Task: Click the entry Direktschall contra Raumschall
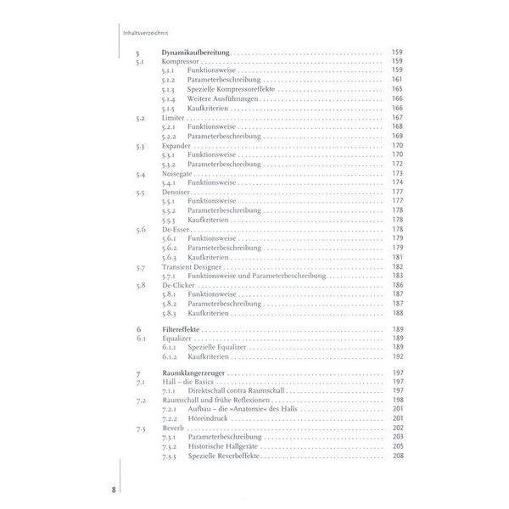pyautogui.click(x=233, y=391)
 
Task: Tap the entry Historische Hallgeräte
pyautogui.click(x=223, y=447)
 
